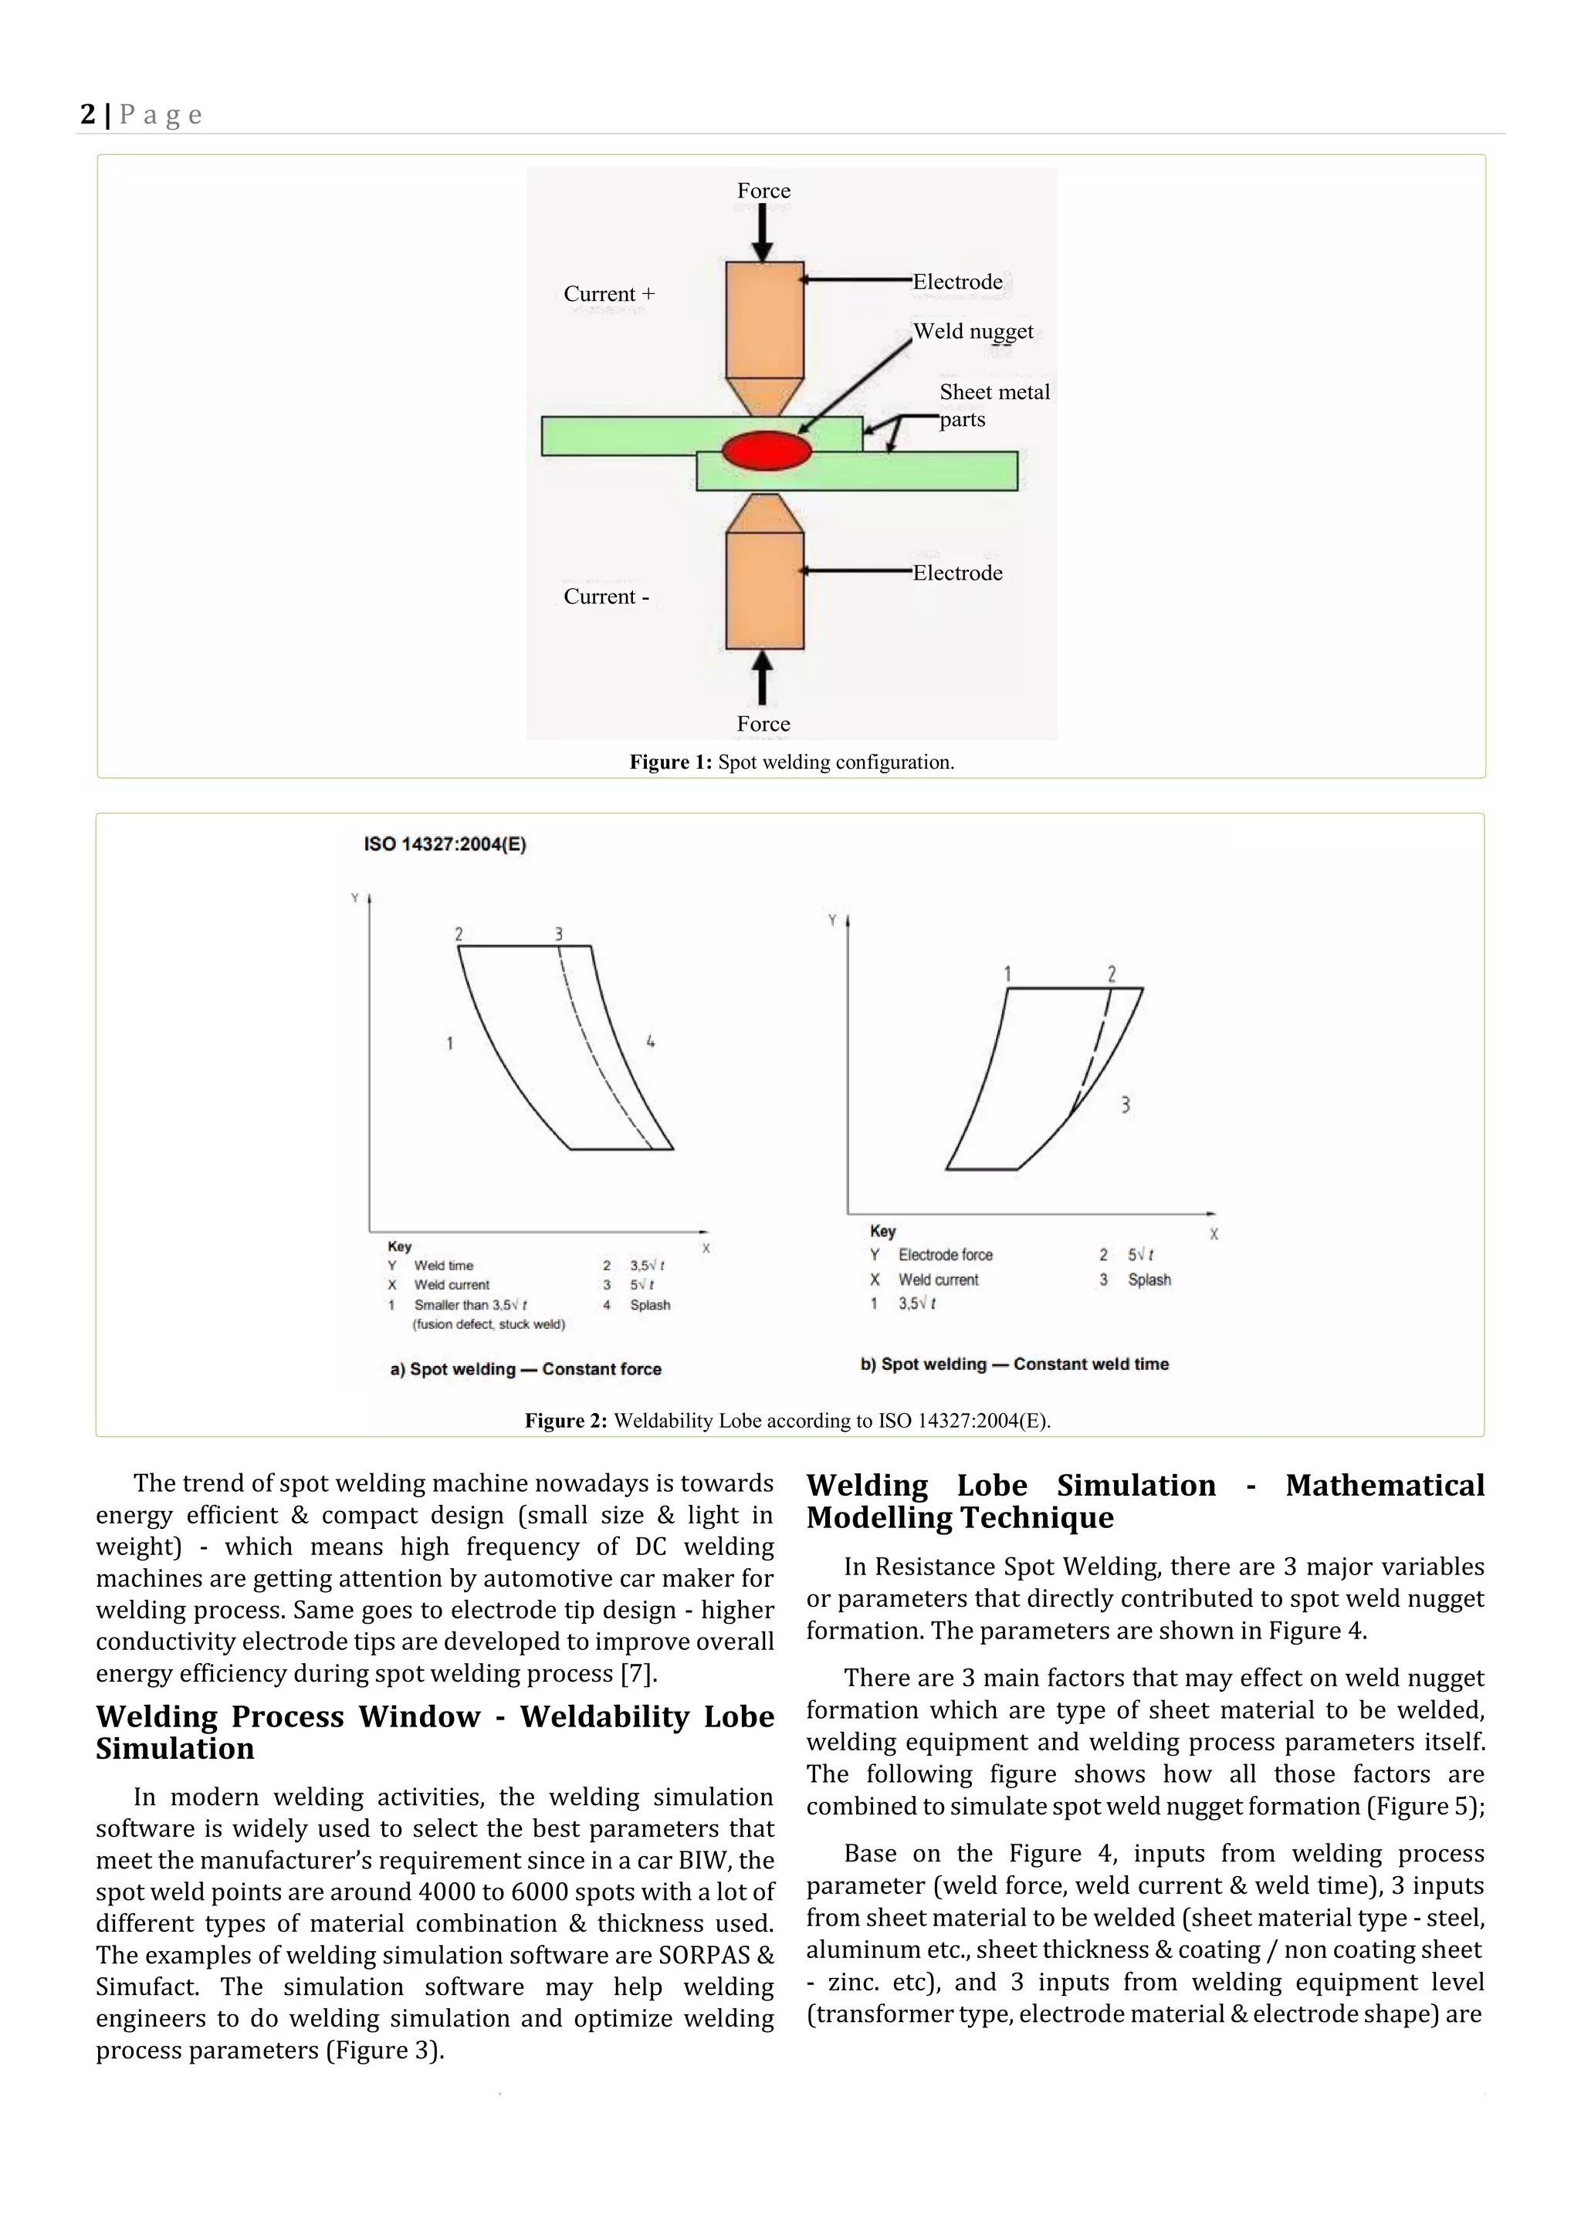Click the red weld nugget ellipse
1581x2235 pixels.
(x=766, y=451)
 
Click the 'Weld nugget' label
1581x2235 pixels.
(x=973, y=331)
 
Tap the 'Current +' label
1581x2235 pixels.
(x=609, y=294)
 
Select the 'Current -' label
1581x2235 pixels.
(x=605, y=597)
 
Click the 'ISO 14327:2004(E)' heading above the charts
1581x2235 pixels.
(x=445, y=844)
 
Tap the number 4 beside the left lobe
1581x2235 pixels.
(x=650, y=1042)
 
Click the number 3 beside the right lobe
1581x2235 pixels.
(x=1126, y=1105)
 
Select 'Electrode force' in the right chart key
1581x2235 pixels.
(x=944, y=1255)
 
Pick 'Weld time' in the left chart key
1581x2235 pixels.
(x=444, y=1266)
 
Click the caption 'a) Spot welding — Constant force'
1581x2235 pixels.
(x=526, y=1368)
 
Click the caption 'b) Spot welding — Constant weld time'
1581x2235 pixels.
(x=1014, y=1364)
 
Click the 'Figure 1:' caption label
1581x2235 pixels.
(x=671, y=762)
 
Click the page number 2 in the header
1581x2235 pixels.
(x=87, y=115)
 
